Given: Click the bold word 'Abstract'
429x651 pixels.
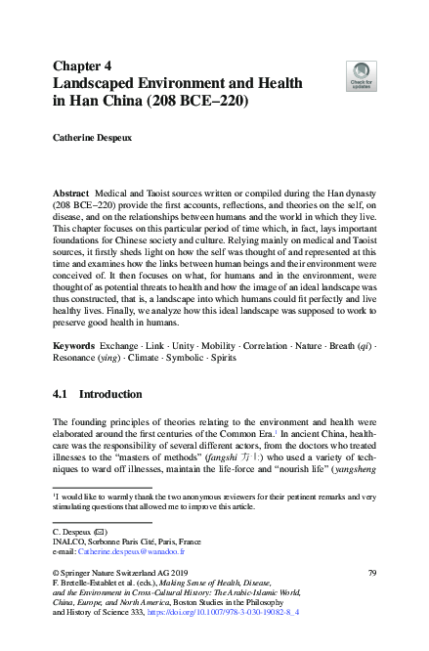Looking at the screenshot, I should [71, 195].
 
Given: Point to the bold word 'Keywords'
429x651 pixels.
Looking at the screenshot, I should [75, 348].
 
